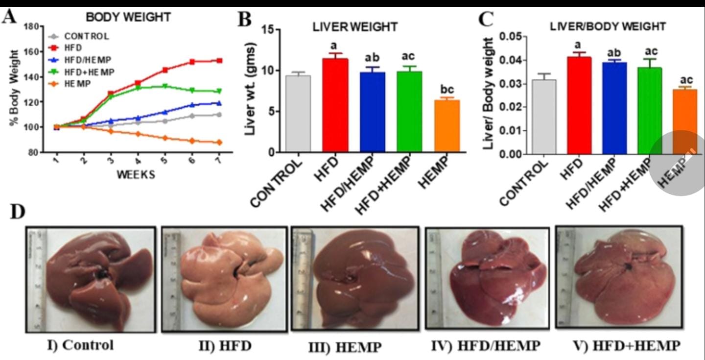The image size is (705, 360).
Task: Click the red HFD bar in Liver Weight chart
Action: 335,105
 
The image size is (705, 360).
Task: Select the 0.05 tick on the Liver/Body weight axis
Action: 509,37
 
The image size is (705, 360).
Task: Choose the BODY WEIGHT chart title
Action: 128,17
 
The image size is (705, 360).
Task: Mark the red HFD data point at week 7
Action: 219,61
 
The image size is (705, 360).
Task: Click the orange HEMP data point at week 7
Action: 219,143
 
